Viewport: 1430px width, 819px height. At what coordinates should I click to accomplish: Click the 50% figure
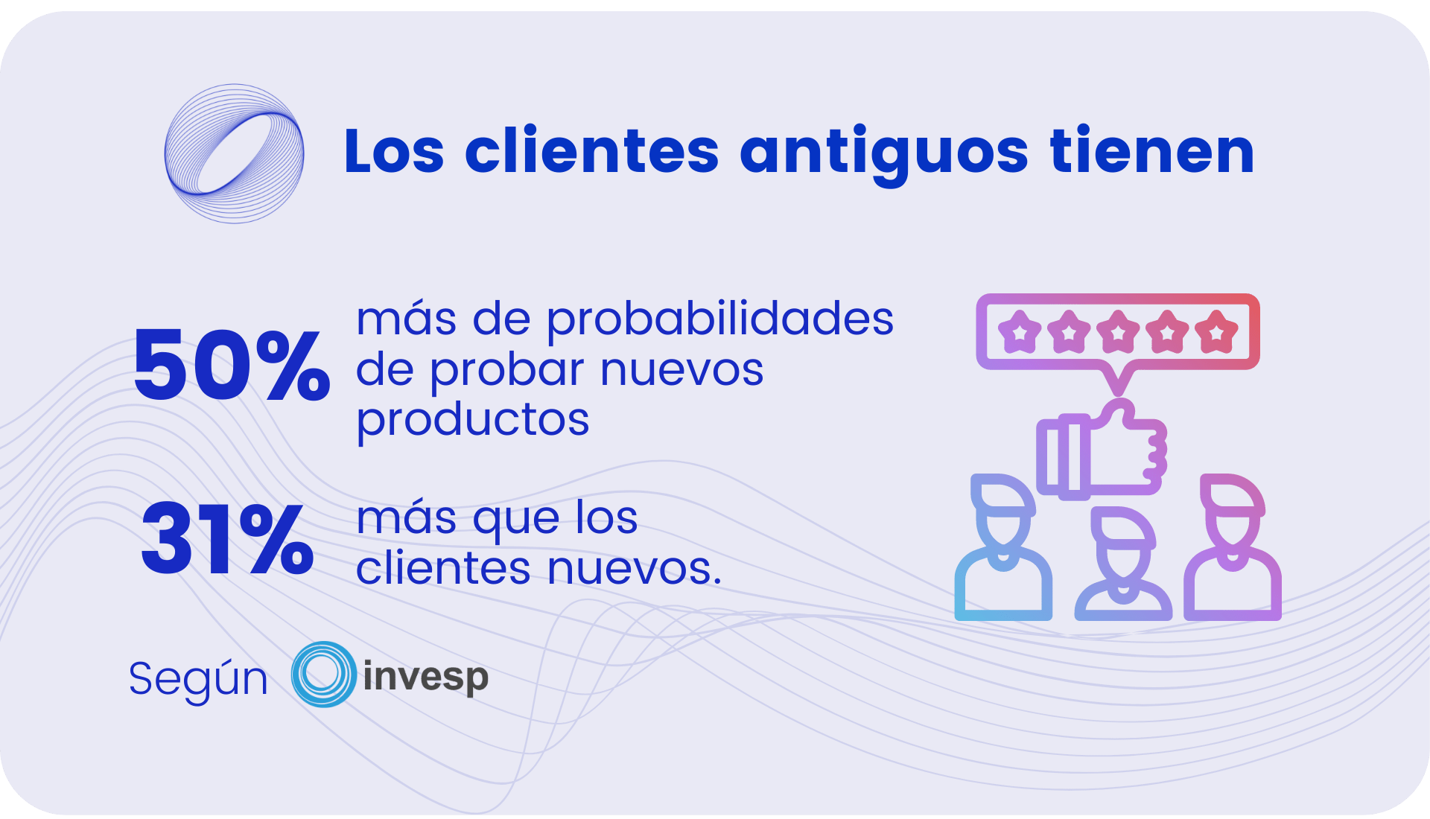[232, 365]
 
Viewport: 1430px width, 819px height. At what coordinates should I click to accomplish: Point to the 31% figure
[227, 538]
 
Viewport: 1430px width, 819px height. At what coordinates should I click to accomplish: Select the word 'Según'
[198, 679]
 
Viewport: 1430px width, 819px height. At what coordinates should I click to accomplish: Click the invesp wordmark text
[425, 678]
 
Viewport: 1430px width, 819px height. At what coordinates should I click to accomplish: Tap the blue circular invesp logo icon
[324, 674]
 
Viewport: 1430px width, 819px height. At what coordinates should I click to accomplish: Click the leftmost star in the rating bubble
[1020, 331]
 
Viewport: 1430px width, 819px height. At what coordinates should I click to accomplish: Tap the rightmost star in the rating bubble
[1216, 331]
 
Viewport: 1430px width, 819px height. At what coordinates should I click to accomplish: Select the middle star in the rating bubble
[1118, 331]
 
